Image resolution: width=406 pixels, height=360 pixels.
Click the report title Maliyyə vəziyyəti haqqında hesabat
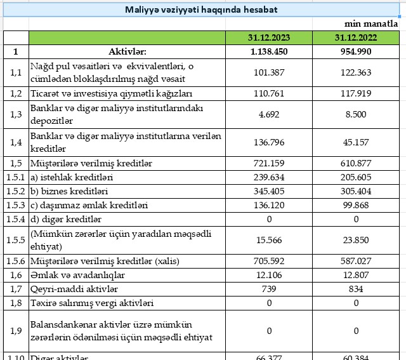click(200, 10)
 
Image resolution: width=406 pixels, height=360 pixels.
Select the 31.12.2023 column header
click(269, 38)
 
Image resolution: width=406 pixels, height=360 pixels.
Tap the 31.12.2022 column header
click(355, 38)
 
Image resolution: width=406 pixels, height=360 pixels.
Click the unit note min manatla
click(376, 23)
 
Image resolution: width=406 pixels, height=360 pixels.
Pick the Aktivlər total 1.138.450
click(269, 51)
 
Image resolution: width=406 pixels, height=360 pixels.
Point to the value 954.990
click(355, 51)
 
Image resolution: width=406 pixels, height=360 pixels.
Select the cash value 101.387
click(269, 72)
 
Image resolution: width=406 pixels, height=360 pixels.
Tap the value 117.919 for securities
click(355, 93)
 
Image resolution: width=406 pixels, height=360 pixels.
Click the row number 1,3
click(16, 114)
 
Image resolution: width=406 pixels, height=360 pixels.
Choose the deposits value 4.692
click(269, 114)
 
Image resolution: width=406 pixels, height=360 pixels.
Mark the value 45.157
click(355, 142)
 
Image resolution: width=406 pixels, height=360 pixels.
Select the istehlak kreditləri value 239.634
click(269, 177)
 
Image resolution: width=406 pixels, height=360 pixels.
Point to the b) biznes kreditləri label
click(69, 191)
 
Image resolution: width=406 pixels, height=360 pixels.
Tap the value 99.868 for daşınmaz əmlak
click(355, 205)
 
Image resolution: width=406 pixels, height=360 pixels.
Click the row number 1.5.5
click(16, 240)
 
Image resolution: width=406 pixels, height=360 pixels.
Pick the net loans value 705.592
click(269, 261)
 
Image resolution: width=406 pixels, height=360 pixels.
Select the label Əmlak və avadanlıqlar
click(77, 275)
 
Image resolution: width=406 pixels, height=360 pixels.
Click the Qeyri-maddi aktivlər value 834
click(355, 289)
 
